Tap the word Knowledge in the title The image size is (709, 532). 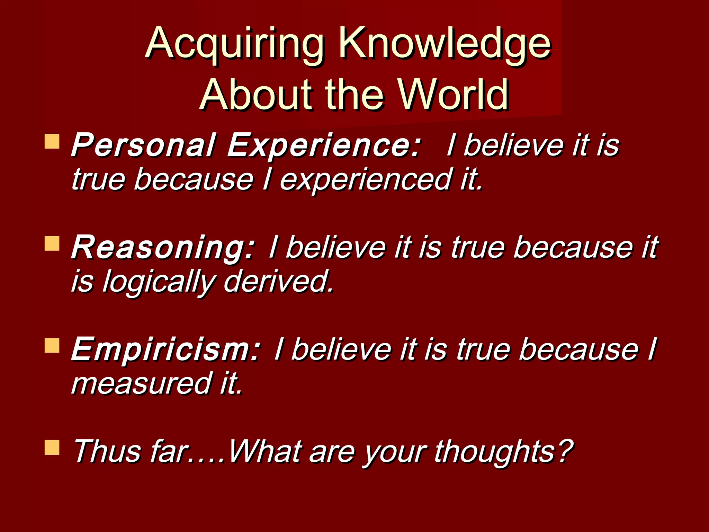click(x=445, y=44)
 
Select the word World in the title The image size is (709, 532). click(x=454, y=94)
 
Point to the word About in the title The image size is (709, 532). click(x=256, y=94)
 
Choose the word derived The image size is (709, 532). click(x=279, y=281)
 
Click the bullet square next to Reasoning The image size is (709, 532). click(x=52, y=243)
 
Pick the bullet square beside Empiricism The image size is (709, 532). click(x=52, y=346)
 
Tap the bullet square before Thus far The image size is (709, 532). click(x=52, y=447)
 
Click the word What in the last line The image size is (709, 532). click(x=265, y=451)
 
